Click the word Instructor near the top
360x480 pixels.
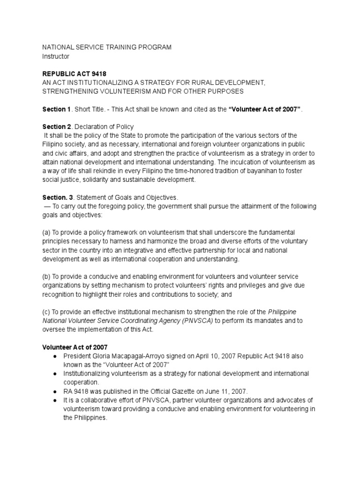56,56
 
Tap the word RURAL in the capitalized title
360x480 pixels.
192,82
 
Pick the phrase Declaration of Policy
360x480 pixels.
105,127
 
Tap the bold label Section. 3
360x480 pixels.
56,198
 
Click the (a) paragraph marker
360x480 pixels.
47,233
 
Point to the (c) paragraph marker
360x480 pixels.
47,312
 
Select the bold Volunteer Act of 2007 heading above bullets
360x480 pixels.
75,347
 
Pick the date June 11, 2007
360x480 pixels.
231,391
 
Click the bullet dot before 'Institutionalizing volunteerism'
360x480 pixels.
55,374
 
